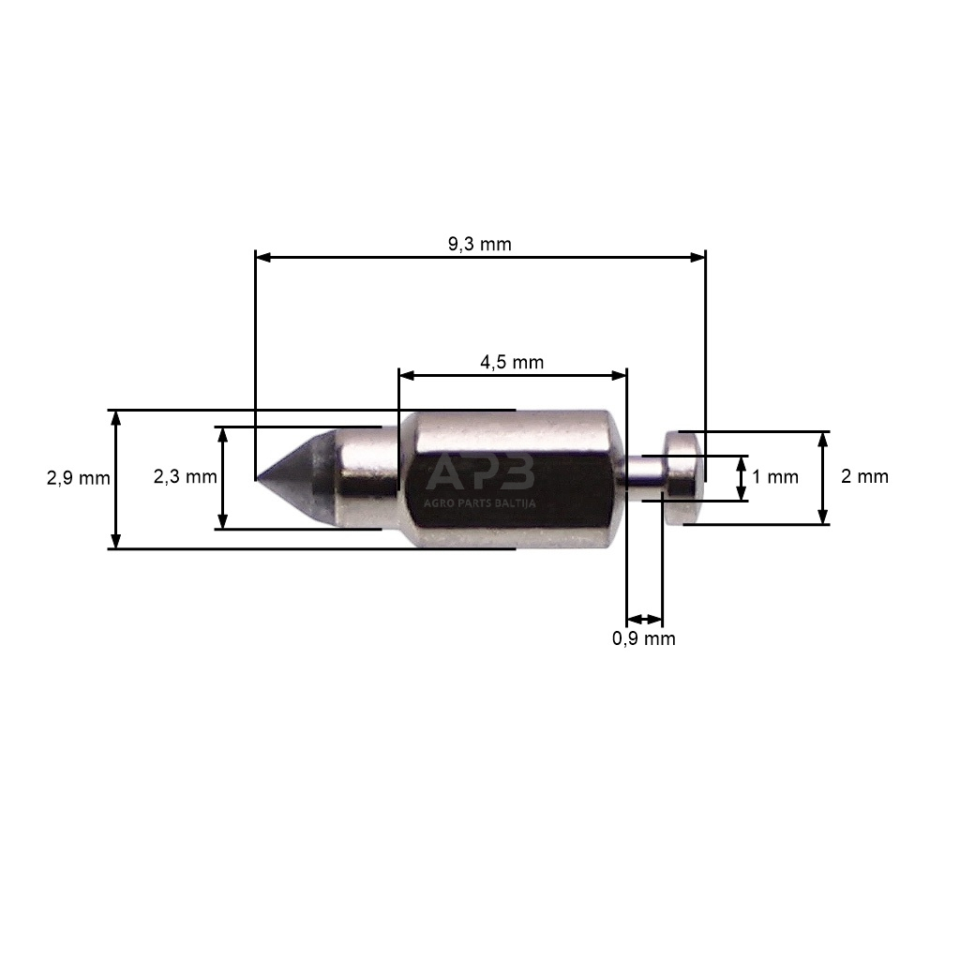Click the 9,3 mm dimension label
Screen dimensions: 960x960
479,245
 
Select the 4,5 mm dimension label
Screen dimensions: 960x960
512,363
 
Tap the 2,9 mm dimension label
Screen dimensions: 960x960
79,477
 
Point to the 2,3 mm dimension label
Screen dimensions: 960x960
185,476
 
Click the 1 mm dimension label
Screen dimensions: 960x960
775,477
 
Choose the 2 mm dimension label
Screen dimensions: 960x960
864,476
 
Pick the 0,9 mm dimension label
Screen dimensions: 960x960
643,638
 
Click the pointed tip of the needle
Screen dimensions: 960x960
257,478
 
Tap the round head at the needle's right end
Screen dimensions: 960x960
683,477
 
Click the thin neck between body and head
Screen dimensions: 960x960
645,478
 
